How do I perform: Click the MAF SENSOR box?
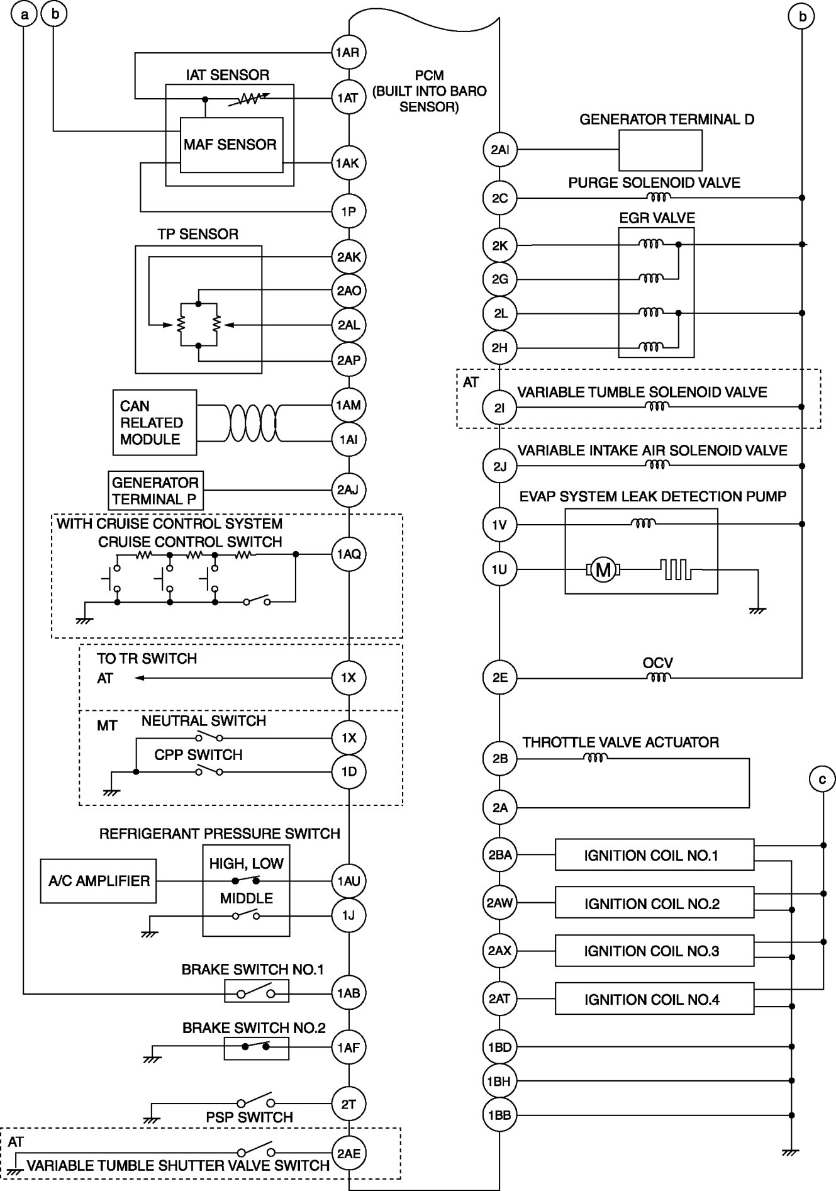(231, 145)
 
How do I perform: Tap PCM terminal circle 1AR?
(348, 52)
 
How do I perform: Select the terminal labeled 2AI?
(499, 150)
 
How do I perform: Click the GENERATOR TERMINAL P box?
(155, 491)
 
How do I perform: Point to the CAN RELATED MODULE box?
(154, 422)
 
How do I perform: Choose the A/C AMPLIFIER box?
(99, 881)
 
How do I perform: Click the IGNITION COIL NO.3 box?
(654, 951)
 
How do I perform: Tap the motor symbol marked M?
(603, 570)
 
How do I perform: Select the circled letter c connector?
(822, 780)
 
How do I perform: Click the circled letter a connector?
(24, 14)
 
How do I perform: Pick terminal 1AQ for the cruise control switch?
(348, 554)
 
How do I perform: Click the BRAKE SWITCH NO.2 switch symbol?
(256, 1048)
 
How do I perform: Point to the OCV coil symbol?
(658, 678)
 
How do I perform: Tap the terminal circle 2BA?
(499, 855)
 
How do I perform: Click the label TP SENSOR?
(198, 235)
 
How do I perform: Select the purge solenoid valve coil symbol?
(659, 198)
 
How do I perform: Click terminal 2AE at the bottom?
(348, 1153)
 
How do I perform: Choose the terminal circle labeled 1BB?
(499, 1116)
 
